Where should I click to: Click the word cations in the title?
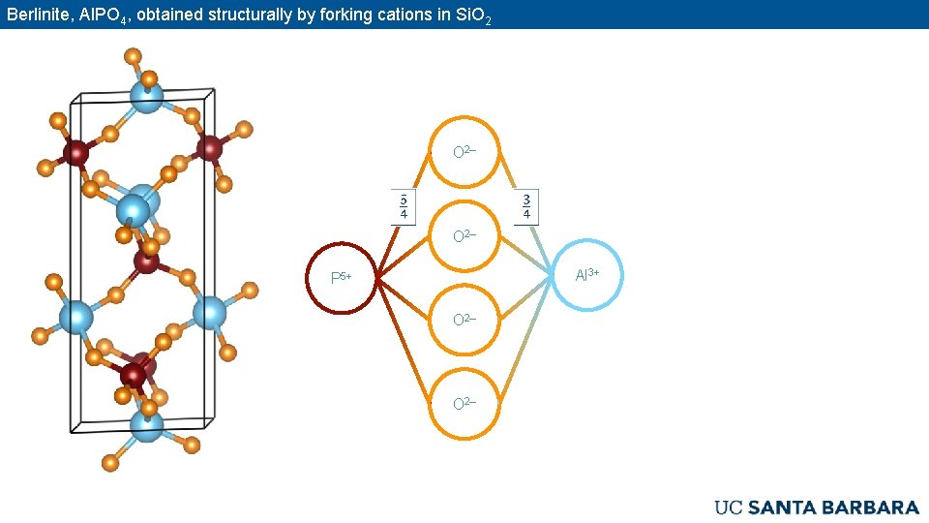click(411, 15)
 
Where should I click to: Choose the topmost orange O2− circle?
click(464, 152)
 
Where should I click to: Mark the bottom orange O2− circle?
click(464, 403)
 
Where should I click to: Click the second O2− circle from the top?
click(464, 235)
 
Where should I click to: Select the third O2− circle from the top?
click(464, 319)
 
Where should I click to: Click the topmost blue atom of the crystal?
click(147, 97)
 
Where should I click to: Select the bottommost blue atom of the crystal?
click(146, 426)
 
